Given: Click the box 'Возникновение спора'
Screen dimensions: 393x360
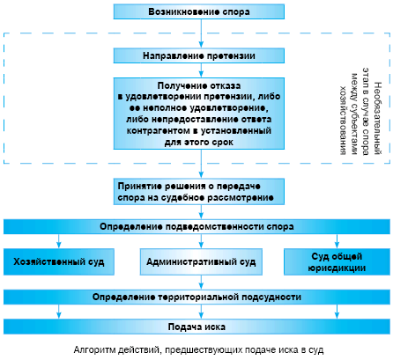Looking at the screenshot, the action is tap(199, 11).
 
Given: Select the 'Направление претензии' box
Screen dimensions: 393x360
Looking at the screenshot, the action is tap(199, 55).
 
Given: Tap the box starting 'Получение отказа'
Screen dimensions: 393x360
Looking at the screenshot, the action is tap(199, 114).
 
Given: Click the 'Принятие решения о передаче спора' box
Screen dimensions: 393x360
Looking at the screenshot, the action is tap(199, 192).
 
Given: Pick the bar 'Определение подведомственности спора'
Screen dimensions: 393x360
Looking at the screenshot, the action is tap(196, 226).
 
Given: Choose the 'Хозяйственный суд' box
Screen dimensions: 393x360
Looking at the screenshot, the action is tap(59, 261).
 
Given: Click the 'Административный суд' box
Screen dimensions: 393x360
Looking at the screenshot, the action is tap(201, 261).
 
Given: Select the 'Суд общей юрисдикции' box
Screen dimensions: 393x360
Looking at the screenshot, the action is tap(337, 261).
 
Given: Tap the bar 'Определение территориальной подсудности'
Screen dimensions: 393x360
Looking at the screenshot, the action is tap(196, 297).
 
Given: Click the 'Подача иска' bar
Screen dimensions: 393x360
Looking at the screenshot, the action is tap(196, 327).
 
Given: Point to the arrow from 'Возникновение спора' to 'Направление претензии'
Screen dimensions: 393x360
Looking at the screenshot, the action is tap(201, 33).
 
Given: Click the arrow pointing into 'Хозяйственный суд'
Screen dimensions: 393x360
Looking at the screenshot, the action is tap(59, 241).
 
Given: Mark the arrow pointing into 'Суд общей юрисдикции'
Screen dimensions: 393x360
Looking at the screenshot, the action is tap(337, 241).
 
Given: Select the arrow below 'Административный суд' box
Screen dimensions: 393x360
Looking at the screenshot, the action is tap(201, 283).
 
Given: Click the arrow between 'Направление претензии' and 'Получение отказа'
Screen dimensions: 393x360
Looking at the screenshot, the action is tap(201, 70).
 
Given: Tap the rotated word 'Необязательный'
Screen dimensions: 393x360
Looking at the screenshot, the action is tap(378, 118).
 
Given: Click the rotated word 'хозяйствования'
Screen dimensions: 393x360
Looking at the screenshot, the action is tap(343, 121).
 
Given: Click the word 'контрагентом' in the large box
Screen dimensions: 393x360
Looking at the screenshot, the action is tap(158, 130).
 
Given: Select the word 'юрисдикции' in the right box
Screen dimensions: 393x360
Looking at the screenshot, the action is tap(337, 268).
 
